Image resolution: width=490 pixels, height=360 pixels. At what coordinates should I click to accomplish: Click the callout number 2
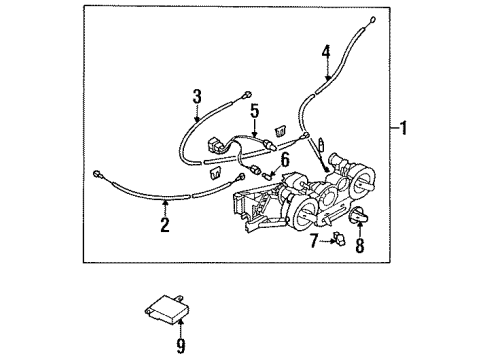pos(162,224)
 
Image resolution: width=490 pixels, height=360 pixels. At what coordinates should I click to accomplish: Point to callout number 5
pos(254,111)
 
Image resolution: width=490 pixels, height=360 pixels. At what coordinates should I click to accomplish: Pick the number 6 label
pos(285,159)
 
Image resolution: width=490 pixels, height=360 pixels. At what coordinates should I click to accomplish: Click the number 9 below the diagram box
pos(180,346)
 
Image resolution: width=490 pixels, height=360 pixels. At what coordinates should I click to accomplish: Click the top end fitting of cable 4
pos(372,20)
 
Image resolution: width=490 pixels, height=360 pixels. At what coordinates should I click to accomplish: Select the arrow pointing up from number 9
pos(180,328)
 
